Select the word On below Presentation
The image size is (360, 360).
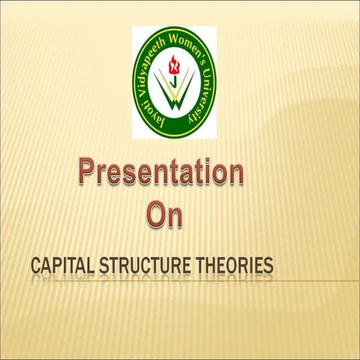[x=164, y=214]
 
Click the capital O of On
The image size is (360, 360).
[x=155, y=214]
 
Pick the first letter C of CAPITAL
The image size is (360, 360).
[x=36, y=266]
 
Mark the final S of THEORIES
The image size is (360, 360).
[x=267, y=266]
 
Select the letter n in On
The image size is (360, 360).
[x=175, y=216]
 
